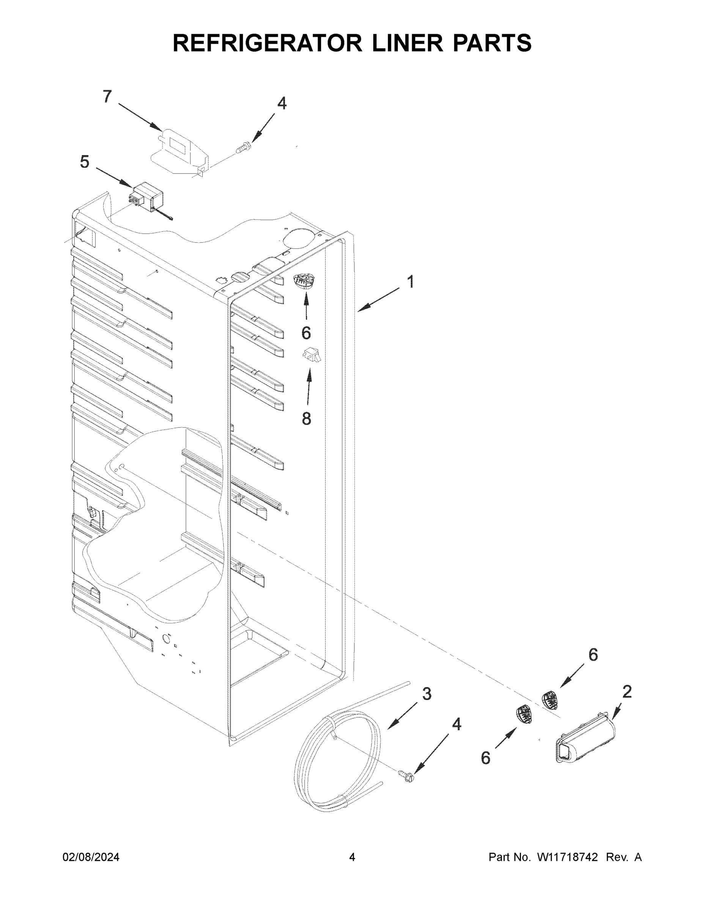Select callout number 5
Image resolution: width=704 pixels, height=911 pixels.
[85, 162]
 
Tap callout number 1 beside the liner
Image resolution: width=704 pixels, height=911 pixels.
[411, 282]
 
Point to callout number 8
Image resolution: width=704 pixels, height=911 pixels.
[307, 418]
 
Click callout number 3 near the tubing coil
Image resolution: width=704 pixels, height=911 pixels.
[427, 693]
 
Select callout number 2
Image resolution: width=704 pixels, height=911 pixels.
[627, 692]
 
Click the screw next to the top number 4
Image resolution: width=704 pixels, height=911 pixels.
[243, 147]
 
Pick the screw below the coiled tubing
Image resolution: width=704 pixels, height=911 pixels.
[408, 775]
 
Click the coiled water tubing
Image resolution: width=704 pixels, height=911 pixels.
[338, 763]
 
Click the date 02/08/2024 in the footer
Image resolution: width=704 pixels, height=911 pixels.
[91, 857]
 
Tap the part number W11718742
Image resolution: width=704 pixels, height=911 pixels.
[567, 857]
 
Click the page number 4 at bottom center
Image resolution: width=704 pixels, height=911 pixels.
[352, 857]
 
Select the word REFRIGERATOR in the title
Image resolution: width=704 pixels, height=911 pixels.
[267, 43]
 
